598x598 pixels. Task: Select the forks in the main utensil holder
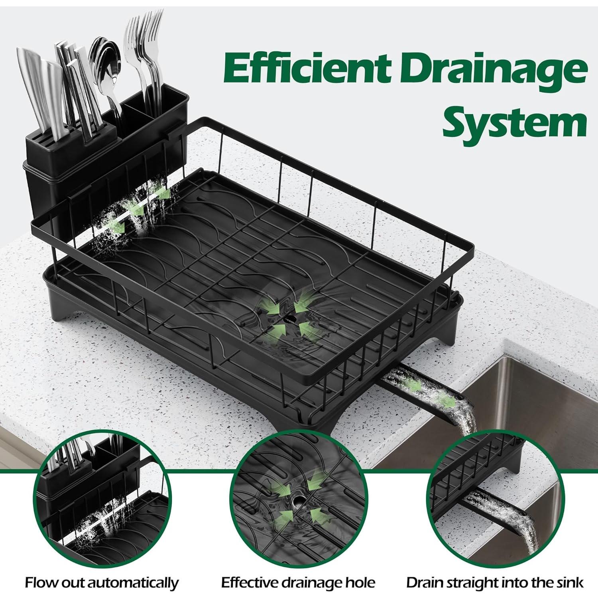pyautogui.click(x=144, y=52)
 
